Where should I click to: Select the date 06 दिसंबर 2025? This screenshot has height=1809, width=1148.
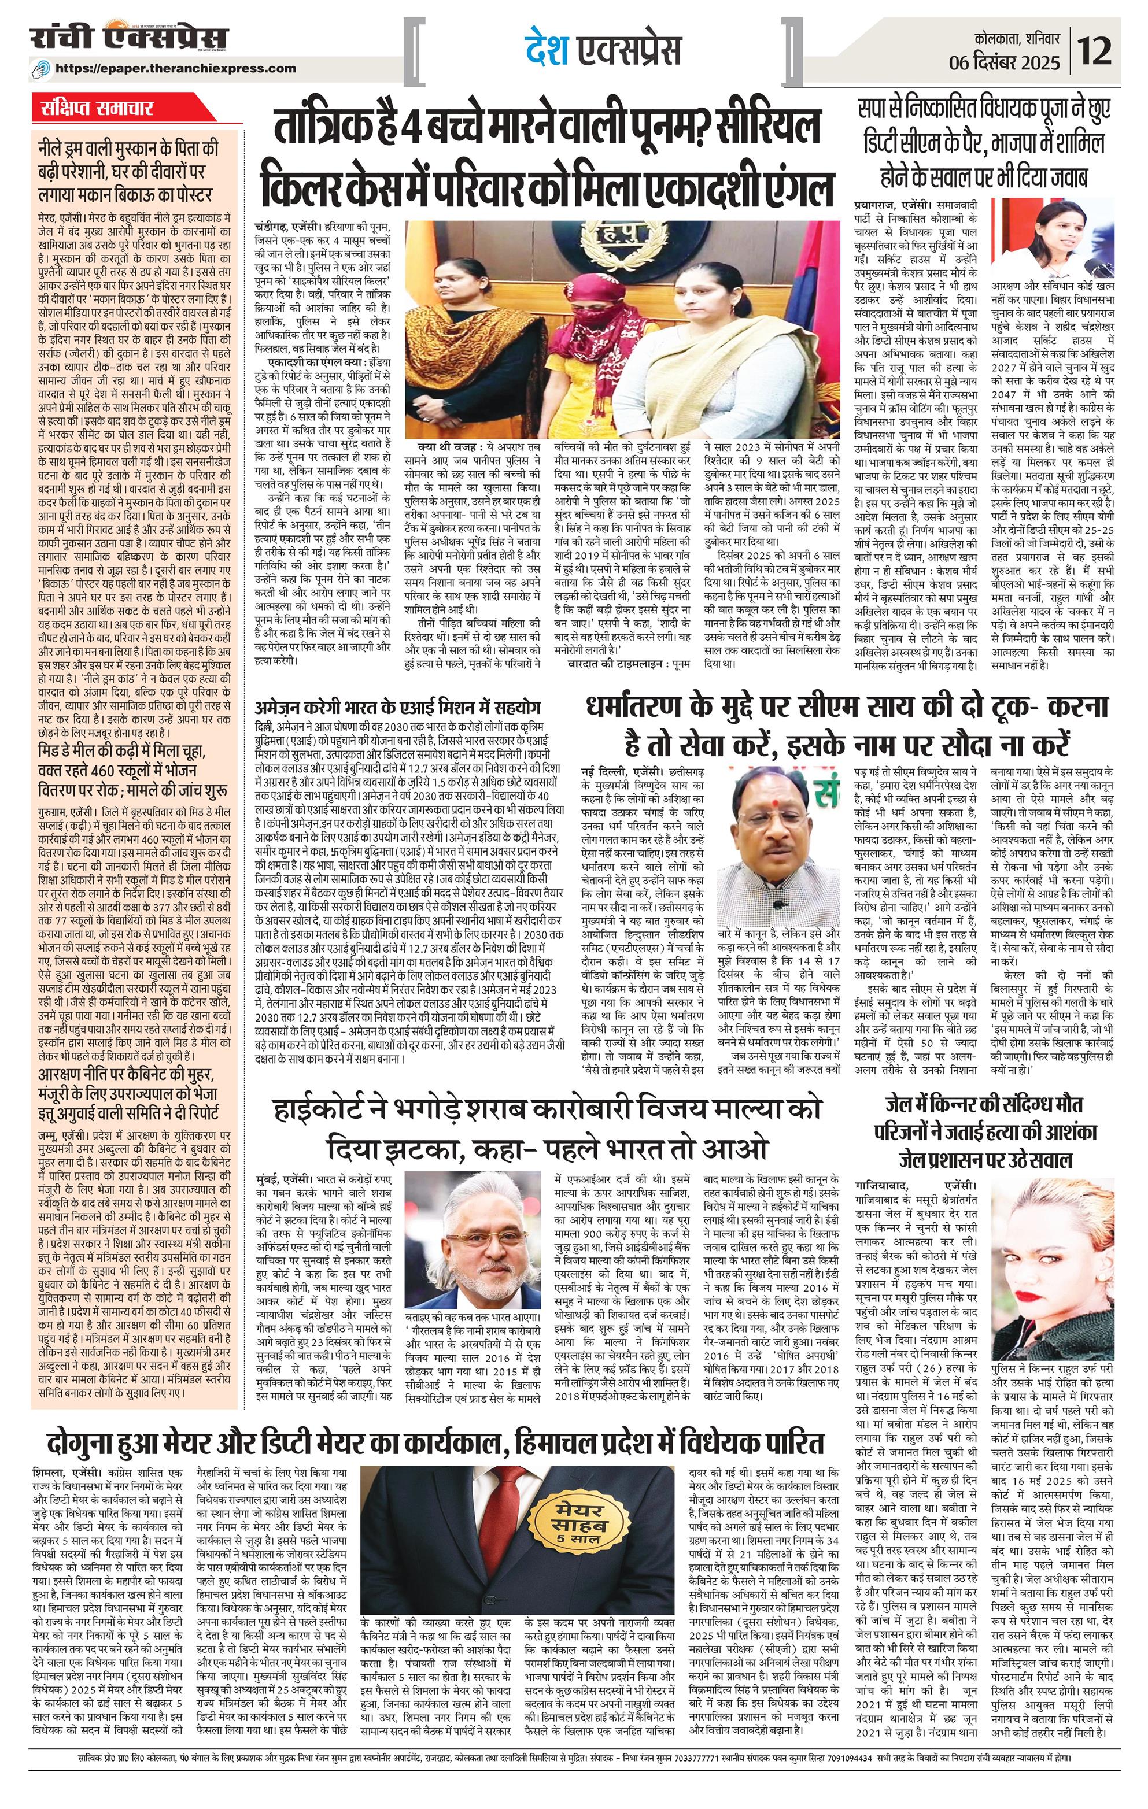(1007, 63)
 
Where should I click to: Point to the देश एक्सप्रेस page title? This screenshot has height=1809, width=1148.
(603, 50)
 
